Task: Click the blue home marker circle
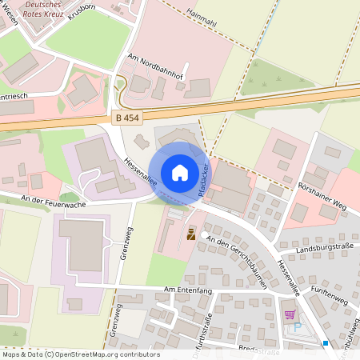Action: pyautogui.click(x=179, y=172)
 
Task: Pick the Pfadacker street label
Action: pyautogui.click(x=204, y=179)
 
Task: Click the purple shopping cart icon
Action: pyautogui.click(x=289, y=314)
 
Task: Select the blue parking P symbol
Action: pyautogui.click(x=298, y=326)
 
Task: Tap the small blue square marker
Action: pyautogui.click(x=326, y=343)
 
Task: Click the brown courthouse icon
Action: pyautogui.click(x=191, y=234)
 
